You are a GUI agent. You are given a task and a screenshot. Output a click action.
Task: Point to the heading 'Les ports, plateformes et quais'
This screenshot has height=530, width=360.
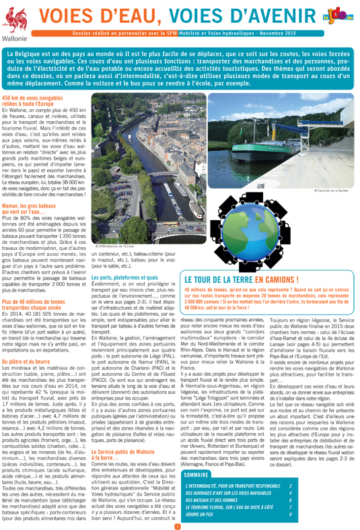click(x=124, y=277)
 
